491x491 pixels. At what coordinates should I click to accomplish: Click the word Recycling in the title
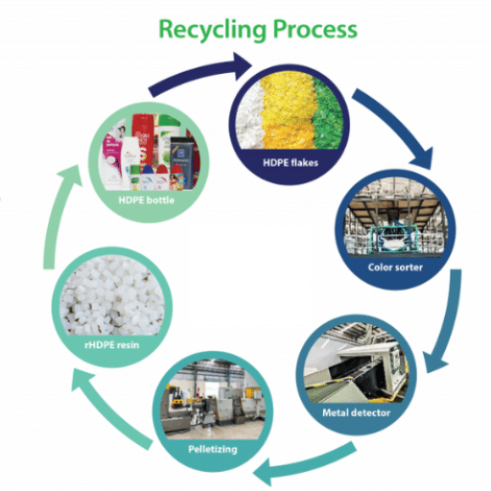coord(204,29)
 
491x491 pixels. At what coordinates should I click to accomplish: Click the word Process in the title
coord(312,29)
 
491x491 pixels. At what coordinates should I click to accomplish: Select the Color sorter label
coord(395,267)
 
